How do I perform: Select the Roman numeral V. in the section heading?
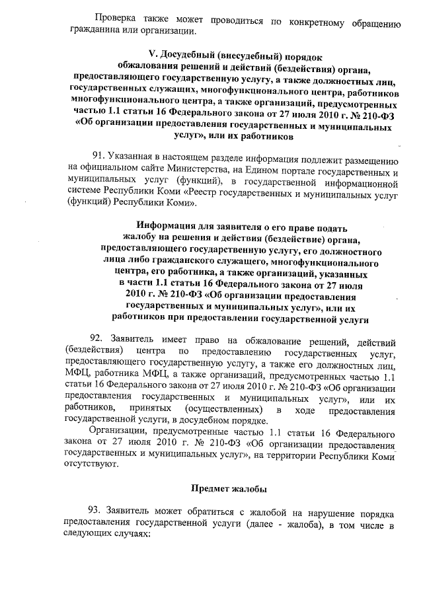(155, 54)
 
